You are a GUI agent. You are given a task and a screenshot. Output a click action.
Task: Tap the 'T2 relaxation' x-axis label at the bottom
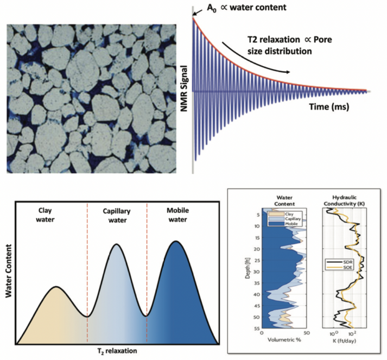(117, 351)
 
